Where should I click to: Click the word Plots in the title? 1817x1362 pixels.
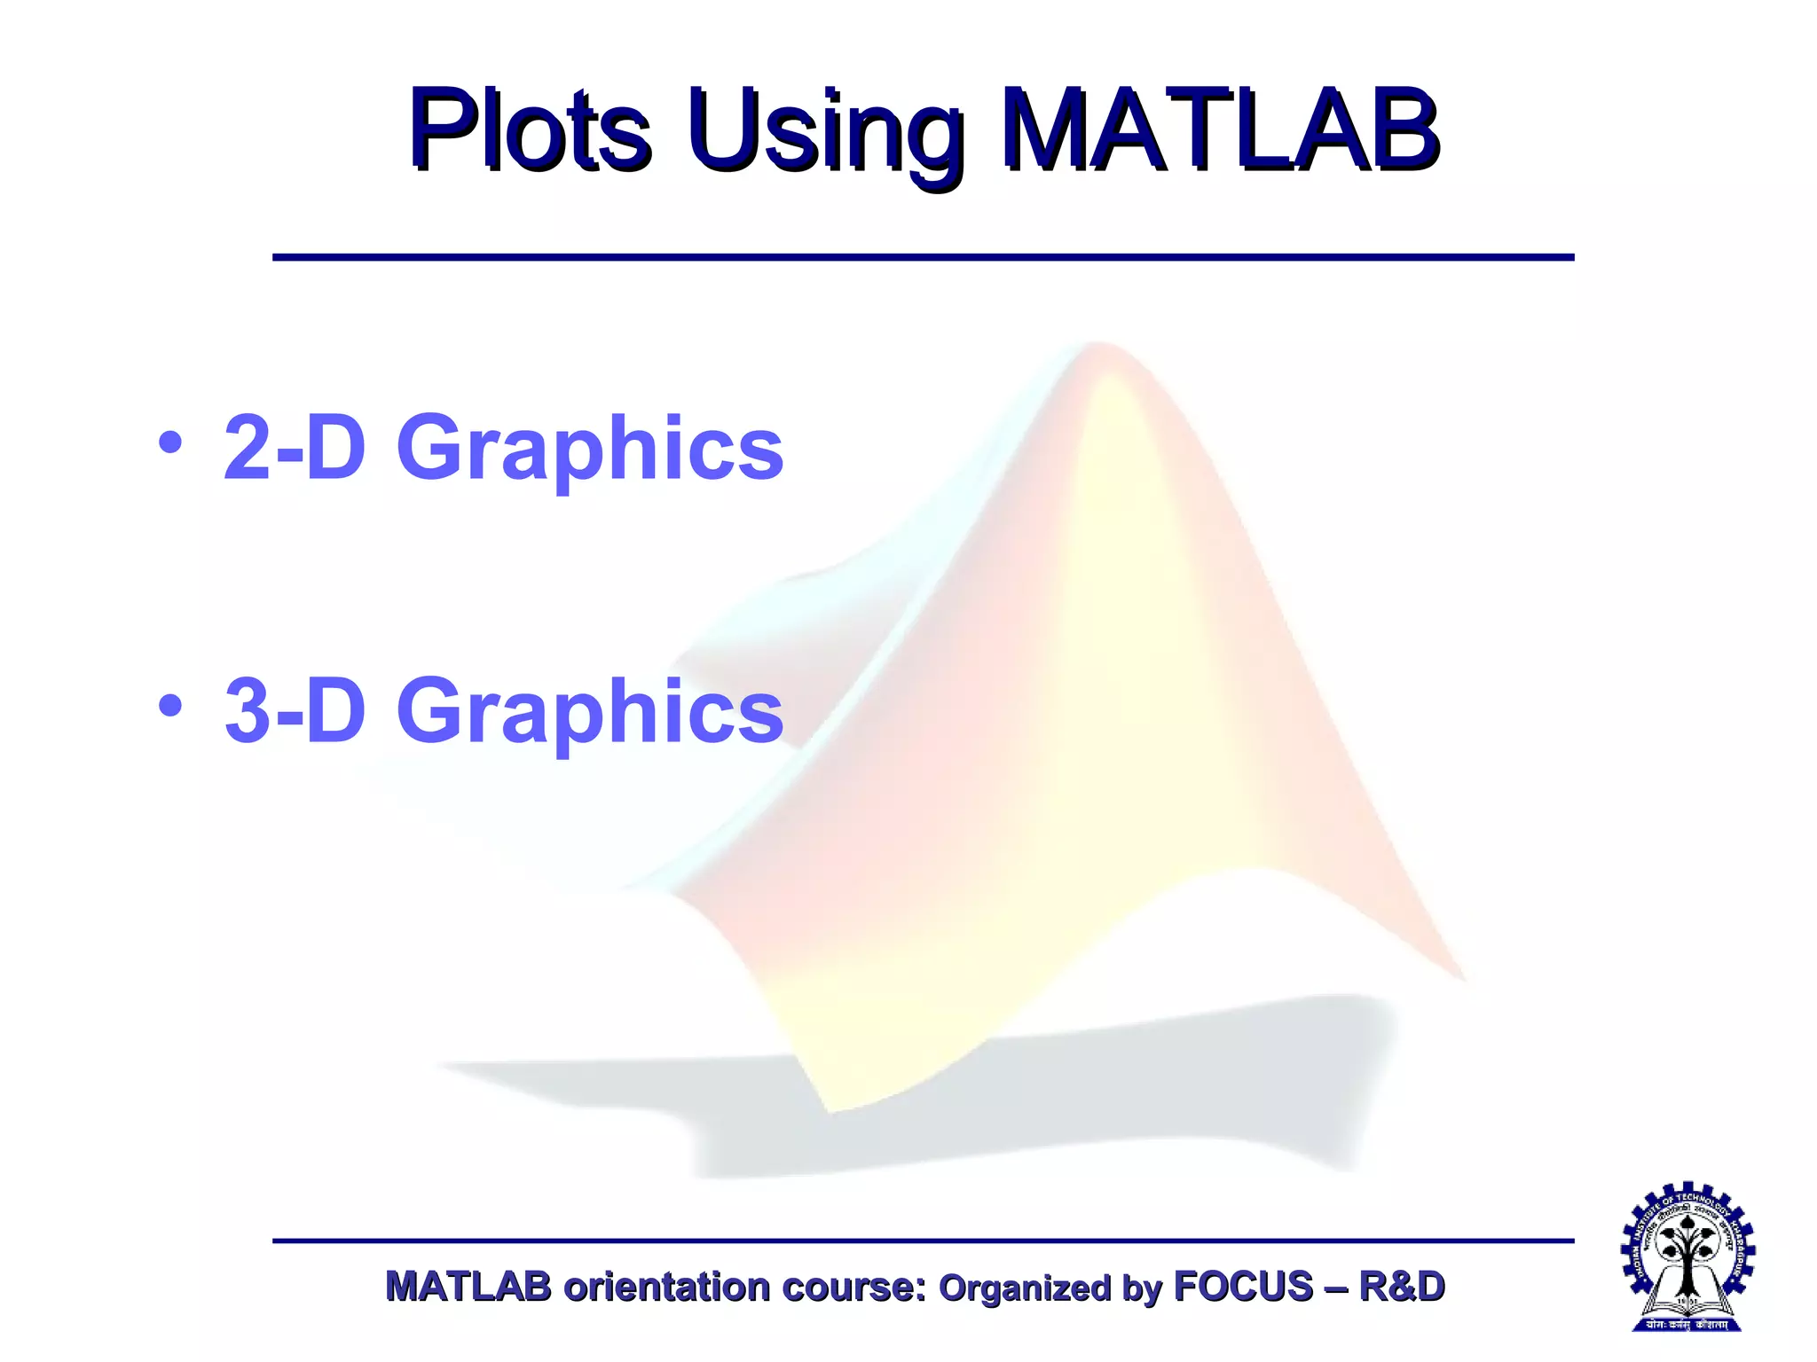tap(530, 131)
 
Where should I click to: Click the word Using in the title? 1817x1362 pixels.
tap(825, 133)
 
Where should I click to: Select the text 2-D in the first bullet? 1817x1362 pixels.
tap(294, 448)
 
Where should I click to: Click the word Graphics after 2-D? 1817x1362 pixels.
tap(590, 450)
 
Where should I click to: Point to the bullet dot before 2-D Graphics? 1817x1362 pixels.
tap(170, 442)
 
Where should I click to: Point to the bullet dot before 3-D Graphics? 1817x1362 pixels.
tap(170, 706)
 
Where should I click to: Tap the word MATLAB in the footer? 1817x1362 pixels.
tap(468, 1287)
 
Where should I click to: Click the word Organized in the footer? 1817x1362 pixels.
tap(1025, 1288)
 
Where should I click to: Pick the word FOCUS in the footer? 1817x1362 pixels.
tap(1243, 1287)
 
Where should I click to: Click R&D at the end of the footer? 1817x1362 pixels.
tap(1402, 1287)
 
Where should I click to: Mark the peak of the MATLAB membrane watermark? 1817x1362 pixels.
tap(1100, 350)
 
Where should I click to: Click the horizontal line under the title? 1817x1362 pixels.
tap(923, 257)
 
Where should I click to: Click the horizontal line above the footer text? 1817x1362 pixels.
tap(923, 1241)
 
